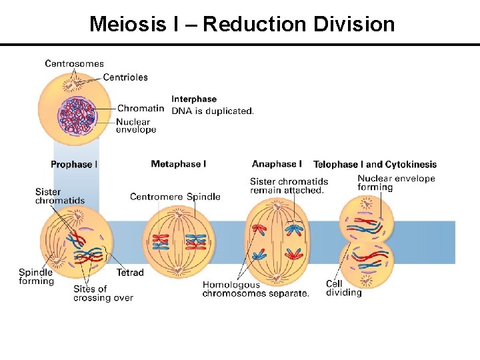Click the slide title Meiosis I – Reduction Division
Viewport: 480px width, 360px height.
pos(242,25)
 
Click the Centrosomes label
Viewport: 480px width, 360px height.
pos(74,64)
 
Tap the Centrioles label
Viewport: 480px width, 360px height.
pos(125,77)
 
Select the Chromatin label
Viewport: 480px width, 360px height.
pos(141,109)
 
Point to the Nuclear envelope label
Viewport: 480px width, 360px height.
pos(136,126)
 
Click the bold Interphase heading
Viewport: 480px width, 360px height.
pos(194,99)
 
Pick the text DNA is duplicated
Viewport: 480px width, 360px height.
pos(213,111)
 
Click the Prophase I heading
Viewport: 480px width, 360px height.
pos(74,165)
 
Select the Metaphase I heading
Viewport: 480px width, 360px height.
pos(179,164)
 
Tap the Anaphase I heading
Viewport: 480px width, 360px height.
pos(277,164)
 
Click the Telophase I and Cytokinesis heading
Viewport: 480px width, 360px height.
pos(375,165)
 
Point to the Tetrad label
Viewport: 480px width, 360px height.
pos(130,273)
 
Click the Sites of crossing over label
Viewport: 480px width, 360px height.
pos(103,293)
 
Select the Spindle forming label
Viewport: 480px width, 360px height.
pos(36,277)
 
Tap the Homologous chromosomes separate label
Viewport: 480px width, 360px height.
pos(255,289)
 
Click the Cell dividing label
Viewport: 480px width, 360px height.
pos(343,288)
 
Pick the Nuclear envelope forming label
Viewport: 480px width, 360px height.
pos(396,183)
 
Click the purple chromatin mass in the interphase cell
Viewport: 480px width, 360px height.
pos(77,115)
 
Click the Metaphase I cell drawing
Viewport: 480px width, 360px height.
pos(179,242)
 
